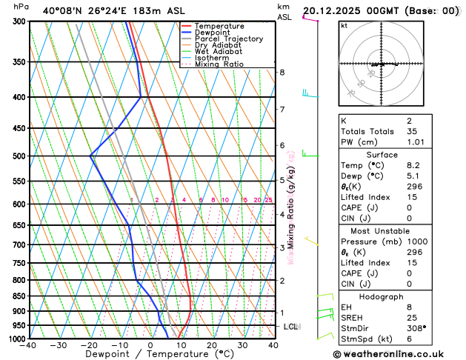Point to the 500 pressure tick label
click(x=19, y=156)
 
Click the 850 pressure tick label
click(x=19, y=296)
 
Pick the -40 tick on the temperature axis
click(x=28, y=345)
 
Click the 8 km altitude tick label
click(x=282, y=72)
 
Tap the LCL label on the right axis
click(x=291, y=327)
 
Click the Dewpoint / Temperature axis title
click(x=151, y=354)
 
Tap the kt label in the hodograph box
click(x=344, y=25)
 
